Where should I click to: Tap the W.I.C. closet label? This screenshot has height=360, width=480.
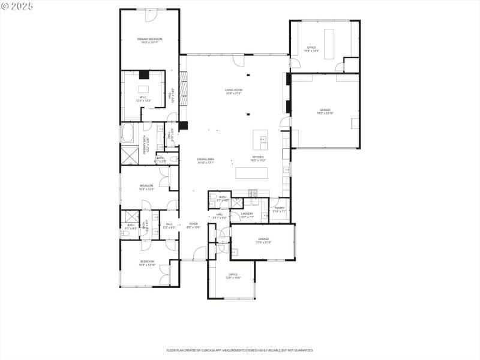pyautogui.click(x=144, y=99)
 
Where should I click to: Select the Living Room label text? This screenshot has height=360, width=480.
pyautogui.click(x=233, y=92)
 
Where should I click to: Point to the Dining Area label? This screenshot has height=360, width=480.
pyautogui.click(x=206, y=161)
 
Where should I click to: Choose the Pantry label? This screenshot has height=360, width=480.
pyautogui.click(x=280, y=209)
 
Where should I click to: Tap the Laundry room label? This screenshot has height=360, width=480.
pyautogui.click(x=247, y=215)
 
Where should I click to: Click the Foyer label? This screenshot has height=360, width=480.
pyautogui.click(x=193, y=226)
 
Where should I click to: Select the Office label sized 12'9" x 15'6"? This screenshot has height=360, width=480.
pyautogui.click(x=233, y=276)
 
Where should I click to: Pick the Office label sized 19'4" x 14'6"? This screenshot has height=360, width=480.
pyautogui.click(x=312, y=49)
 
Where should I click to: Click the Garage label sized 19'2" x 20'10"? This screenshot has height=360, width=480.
pyautogui.click(x=325, y=112)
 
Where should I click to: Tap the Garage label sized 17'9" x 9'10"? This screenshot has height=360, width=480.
pyautogui.click(x=263, y=240)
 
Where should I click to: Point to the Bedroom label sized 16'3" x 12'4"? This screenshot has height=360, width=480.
pyautogui.click(x=146, y=187)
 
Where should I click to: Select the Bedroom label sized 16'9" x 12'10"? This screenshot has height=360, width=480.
pyautogui.click(x=147, y=263)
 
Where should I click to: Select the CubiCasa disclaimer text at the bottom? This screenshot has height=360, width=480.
pyautogui.click(x=239, y=350)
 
